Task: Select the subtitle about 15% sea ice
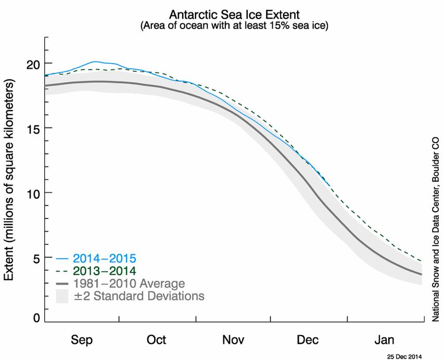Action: click(x=234, y=25)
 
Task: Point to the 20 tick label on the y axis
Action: click(x=33, y=63)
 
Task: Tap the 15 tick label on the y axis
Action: click(x=33, y=128)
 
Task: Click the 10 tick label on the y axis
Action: click(x=33, y=193)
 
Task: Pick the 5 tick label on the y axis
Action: click(x=36, y=258)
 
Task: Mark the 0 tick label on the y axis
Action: click(x=36, y=318)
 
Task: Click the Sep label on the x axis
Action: click(x=82, y=340)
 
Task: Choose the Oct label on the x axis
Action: click(x=156, y=340)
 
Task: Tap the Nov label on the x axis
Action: click(x=233, y=340)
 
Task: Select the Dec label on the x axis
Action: click(x=308, y=340)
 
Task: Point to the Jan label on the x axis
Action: click(x=384, y=340)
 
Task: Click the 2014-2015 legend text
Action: click(x=105, y=259)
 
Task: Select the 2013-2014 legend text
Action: click(x=105, y=271)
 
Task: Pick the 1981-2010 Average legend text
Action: click(x=129, y=284)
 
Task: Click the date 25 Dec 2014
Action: click(x=404, y=356)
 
